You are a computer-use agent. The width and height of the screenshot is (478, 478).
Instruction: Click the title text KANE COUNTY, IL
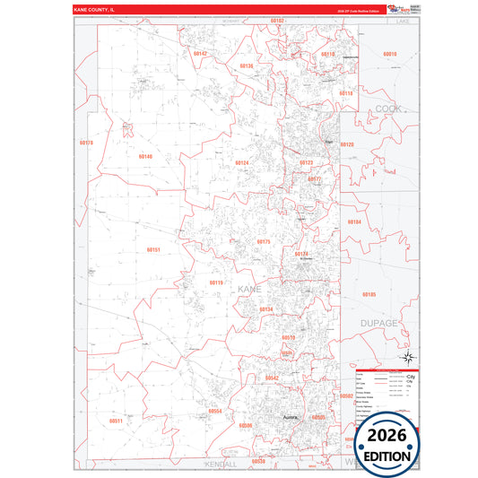[x=95, y=9]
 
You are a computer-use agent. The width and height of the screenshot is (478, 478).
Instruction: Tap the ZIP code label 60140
[x=145, y=156]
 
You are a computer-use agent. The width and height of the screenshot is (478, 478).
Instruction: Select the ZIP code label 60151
[x=152, y=249]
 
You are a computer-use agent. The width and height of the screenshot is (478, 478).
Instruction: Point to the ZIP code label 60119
[x=215, y=282]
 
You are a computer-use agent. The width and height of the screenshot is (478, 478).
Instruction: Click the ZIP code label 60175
[x=264, y=242]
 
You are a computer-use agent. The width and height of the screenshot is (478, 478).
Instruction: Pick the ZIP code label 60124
[x=241, y=162]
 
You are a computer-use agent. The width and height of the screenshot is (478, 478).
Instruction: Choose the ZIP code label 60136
[x=246, y=65]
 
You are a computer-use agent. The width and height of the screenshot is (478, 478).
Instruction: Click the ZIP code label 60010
[x=389, y=54]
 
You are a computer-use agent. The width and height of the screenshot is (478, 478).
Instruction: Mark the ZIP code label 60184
[x=354, y=222]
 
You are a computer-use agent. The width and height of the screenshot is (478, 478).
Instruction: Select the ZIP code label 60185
[x=369, y=294]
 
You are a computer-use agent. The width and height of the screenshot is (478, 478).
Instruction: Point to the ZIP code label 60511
[x=116, y=421]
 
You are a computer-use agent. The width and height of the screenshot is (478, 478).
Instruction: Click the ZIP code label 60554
[x=214, y=411]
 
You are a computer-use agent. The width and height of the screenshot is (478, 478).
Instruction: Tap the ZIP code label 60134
[x=266, y=309]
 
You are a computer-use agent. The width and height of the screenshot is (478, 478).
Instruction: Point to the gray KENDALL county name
[x=219, y=465]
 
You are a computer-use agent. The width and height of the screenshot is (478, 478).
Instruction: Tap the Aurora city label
[x=289, y=418]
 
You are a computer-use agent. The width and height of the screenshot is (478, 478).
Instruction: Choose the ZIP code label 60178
[x=86, y=143]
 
